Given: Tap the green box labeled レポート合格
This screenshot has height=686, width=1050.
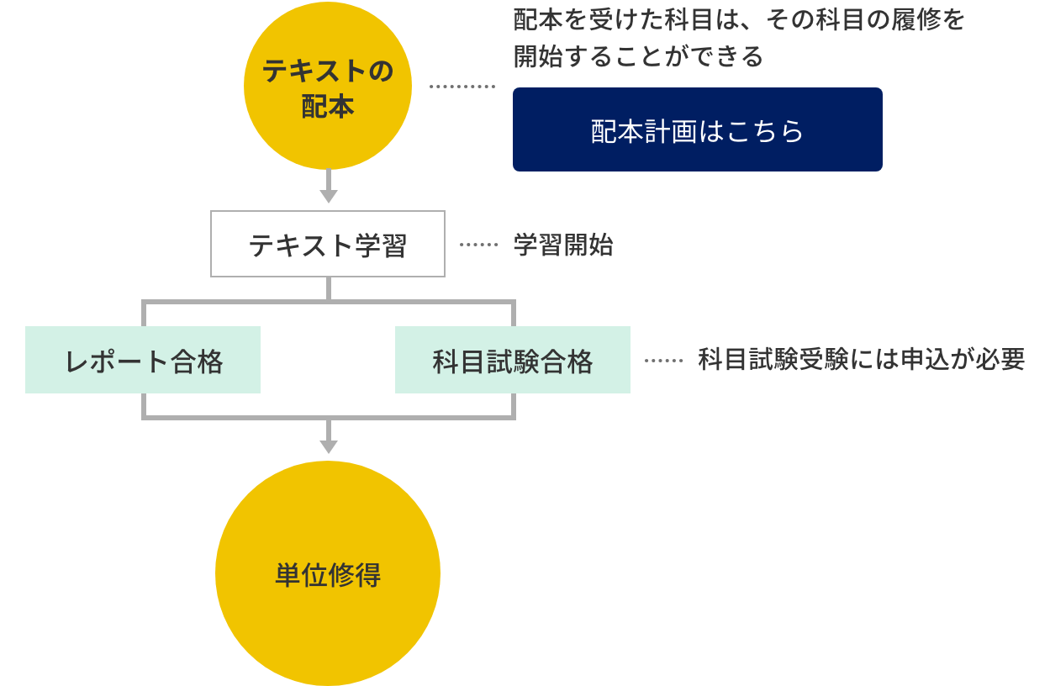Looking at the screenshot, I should (143, 361).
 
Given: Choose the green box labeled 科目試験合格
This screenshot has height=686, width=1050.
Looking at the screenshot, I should (513, 361).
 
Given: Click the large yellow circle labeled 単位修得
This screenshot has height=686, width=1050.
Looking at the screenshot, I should (328, 575).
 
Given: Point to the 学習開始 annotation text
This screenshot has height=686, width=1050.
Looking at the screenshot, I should (563, 245).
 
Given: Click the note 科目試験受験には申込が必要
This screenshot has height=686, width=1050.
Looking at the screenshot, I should (862, 360).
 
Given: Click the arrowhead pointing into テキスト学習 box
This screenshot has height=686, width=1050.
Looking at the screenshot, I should (329, 196).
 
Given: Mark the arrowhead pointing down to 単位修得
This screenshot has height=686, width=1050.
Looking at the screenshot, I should (329, 446).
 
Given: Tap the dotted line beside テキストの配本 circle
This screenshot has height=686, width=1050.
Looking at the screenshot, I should (462, 87).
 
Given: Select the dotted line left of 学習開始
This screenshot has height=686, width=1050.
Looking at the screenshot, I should (479, 245).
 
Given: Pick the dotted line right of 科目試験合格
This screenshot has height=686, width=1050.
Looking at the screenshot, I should (664, 361).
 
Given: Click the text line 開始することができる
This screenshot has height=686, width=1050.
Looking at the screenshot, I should (638, 56).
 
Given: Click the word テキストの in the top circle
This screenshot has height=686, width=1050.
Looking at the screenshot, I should (328, 71).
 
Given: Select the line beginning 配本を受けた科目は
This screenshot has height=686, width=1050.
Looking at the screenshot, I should (738, 20).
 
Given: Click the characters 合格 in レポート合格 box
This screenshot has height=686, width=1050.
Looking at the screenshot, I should (197, 361).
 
